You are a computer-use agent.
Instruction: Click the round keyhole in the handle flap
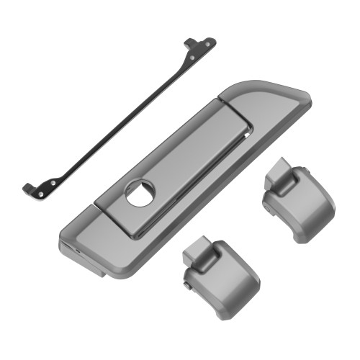coord(139,193)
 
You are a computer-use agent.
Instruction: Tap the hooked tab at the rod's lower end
coord(27,189)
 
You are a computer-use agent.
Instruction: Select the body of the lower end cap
coord(223,277)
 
